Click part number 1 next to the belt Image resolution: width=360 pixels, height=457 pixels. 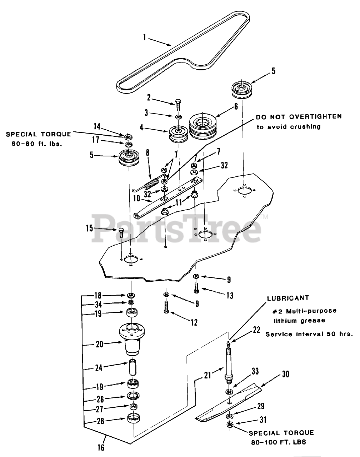(145, 37)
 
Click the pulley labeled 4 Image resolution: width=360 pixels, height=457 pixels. (179, 134)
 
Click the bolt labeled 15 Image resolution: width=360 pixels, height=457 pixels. (121, 233)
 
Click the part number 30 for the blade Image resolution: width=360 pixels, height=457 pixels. (285, 374)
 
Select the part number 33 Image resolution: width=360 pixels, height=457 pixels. (255, 371)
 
